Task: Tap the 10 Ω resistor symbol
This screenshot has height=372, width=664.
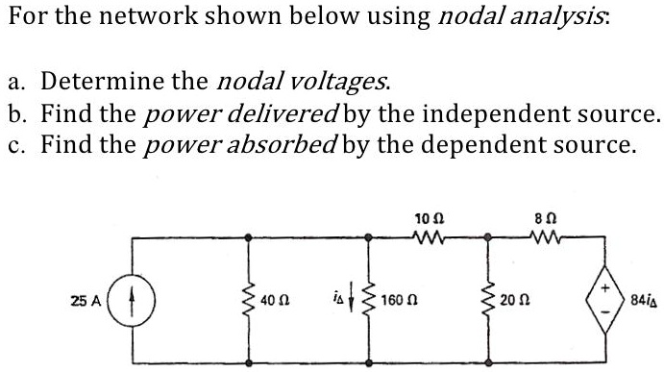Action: [426, 236]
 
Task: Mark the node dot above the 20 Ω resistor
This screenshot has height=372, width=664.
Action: [488, 236]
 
